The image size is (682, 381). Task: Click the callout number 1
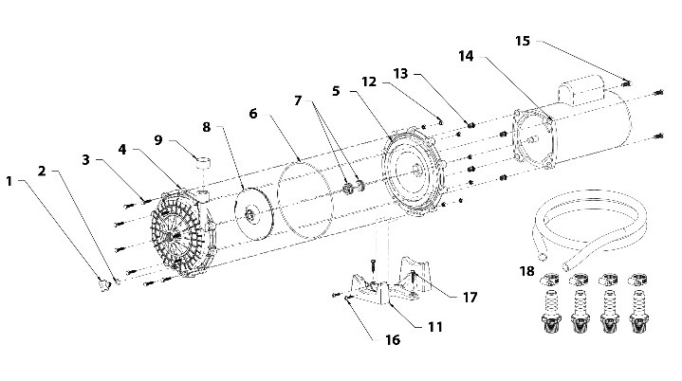[9, 181]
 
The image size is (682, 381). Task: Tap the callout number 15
[523, 42]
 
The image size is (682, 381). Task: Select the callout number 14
[466, 56]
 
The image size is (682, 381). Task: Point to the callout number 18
[526, 271]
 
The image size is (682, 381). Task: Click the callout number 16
[393, 339]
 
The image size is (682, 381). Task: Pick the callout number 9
[158, 140]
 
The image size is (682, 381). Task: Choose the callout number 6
[253, 114]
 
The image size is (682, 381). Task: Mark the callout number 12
[369, 82]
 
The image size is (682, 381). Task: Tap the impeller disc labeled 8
[250, 212]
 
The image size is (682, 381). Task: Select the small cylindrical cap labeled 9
[204, 163]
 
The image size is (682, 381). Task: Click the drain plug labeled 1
[105, 285]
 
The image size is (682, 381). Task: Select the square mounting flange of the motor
[534, 139]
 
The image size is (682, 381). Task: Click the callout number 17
[470, 298]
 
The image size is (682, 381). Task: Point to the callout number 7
[298, 100]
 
